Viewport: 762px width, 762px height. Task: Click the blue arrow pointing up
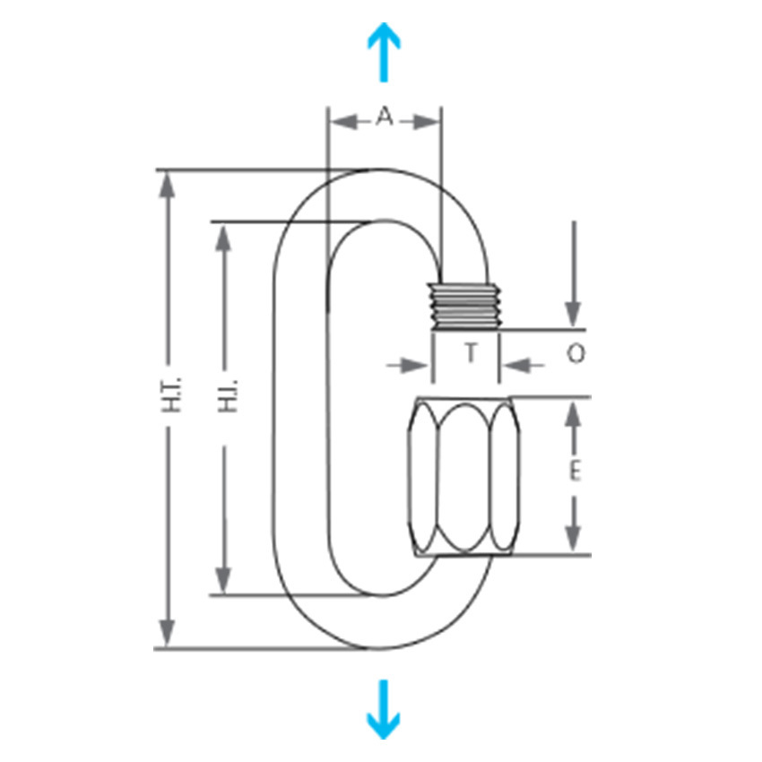pyautogui.click(x=384, y=52)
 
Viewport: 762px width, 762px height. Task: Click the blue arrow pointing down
pyautogui.click(x=384, y=709)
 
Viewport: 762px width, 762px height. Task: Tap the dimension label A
pyautogui.click(x=385, y=117)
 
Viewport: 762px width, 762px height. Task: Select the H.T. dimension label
pyautogui.click(x=171, y=394)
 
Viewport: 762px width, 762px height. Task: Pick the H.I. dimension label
pyautogui.click(x=228, y=395)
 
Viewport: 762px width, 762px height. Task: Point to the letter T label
pyautogui.click(x=471, y=352)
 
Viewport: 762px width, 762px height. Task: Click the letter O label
pyautogui.click(x=576, y=353)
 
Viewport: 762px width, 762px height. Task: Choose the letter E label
pyautogui.click(x=575, y=471)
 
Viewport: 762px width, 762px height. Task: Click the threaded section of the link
pyautogui.click(x=466, y=307)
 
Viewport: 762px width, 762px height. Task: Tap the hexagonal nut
pyautogui.click(x=464, y=476)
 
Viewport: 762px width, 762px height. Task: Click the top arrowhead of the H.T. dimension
pyautogui.click(x=167, y=186)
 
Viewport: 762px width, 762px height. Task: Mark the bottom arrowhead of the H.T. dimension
pyautogui.click(x=167, y=632)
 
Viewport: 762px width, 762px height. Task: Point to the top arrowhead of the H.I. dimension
pyautogui.click(x=223, y=238)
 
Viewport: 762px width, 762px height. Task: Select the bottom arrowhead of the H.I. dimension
pyautogui.click(x=223, y=580)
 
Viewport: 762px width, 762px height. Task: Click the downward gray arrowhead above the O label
pyautogui.click(x=574, y=315)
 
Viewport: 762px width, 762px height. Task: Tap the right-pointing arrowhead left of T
pyautogui.click(x=416, y=366)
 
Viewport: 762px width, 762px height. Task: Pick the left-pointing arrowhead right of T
pyautogui.click(x=516, y=365)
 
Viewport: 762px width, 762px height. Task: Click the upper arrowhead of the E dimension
pyautogui.click(x=574, y=414)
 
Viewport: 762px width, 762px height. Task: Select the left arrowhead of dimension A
pyautogui.click(x=343, y=122)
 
